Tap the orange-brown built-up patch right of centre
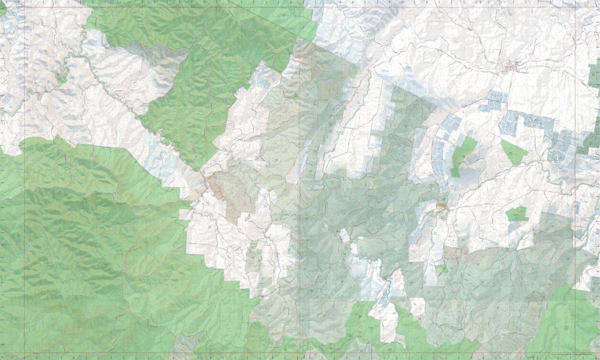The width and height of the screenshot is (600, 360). coord(441,206)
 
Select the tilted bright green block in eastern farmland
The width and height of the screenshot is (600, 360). coord(514,152)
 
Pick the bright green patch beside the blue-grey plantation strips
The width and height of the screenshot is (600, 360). coord(461,156)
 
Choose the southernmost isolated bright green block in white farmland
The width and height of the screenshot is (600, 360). coord(517,214)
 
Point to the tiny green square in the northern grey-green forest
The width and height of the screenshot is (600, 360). coord(295,96)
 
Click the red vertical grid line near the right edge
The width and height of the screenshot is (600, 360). coord(575,144)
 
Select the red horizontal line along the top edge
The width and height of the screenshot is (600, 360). coord(287,7)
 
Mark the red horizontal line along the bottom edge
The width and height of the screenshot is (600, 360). coord(287,353)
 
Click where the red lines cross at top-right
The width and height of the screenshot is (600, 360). coord(575,7)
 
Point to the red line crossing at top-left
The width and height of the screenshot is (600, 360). coord(24,7)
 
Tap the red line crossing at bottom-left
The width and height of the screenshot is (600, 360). coord(24,353)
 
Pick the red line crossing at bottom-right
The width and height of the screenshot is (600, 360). coord(575,353)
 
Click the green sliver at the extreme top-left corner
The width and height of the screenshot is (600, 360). coord(2,7)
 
